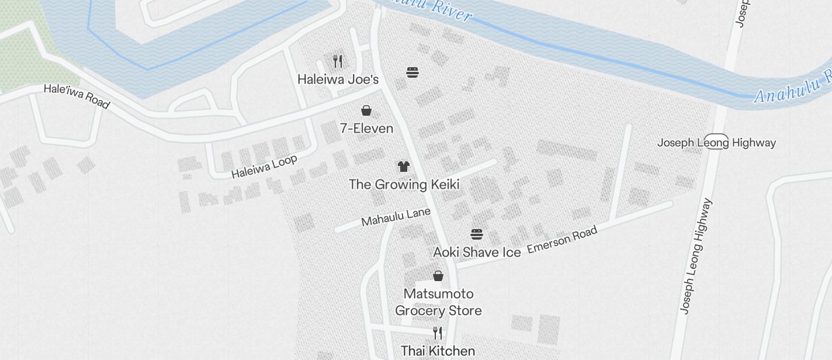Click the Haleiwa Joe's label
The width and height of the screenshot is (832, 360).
338,79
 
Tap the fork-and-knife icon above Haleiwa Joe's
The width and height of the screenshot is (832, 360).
338,61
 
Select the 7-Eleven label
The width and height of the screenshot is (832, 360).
366,129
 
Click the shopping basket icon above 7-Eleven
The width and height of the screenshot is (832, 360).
366,110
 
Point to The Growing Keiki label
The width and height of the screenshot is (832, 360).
404,185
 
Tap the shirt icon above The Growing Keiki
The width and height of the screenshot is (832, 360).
403,167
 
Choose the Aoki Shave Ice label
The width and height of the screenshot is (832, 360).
477,252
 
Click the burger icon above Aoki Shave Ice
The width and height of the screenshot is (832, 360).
477,234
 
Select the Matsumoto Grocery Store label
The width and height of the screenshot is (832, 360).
438,302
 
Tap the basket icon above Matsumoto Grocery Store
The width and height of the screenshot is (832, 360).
438,275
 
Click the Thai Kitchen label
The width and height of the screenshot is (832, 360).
438,351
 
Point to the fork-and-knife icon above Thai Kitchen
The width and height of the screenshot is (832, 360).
438,333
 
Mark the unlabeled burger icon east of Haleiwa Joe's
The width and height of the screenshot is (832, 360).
412,72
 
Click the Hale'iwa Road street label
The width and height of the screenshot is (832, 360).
77,96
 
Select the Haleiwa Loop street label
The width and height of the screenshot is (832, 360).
264,167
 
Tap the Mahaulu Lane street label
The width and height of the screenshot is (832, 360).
396,217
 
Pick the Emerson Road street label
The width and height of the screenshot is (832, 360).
562,240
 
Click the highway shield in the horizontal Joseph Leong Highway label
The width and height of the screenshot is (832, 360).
716,142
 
